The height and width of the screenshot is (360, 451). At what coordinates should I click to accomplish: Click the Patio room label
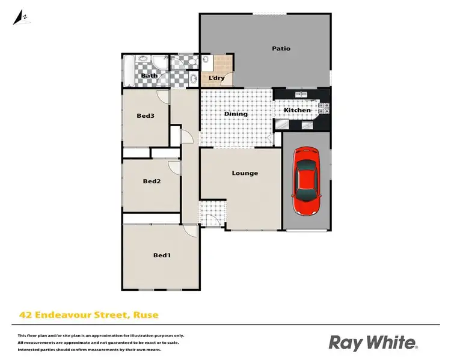tap(281, 49)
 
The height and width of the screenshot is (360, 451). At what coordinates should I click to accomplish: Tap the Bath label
tap(149, 76)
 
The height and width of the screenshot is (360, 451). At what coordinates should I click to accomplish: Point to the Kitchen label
tap(297, 111)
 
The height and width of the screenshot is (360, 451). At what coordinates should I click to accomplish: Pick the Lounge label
tap(245, 173)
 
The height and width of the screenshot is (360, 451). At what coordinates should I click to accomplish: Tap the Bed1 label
tap(162, 255)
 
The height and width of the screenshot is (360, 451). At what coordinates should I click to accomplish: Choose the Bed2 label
tap(152, 182)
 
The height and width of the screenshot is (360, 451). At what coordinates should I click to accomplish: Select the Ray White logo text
tap(372, 343)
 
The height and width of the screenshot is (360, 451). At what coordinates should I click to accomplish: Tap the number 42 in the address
tap(25, 314)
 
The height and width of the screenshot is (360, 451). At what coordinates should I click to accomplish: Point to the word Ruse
tap(145, 314)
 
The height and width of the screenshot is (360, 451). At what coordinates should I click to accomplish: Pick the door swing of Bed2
tap(174, 166)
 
